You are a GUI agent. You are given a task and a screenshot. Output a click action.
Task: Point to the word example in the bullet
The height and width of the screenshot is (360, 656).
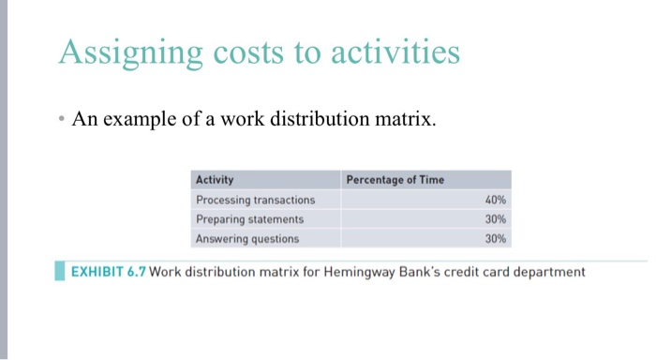[x=153, y=119]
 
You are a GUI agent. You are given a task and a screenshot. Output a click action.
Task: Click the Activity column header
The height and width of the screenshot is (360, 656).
[x=215, y=179]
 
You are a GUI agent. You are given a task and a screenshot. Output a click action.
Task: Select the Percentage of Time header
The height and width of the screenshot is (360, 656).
[x=395, y=179]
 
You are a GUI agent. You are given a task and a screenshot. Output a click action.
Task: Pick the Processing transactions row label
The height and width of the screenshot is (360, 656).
[x=255, y=200]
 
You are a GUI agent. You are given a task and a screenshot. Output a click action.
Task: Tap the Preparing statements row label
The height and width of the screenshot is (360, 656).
[x=249, y=218]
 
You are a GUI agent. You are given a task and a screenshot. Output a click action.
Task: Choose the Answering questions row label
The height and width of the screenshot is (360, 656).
[x=247, y=238]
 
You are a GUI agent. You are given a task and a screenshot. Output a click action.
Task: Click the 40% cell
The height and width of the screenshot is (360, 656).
[x=496, y=200]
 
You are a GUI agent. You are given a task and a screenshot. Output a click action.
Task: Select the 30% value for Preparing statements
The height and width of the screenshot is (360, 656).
[x=496, y=218]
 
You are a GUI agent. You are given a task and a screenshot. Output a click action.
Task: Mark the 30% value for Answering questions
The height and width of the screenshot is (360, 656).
[x=496, y=238]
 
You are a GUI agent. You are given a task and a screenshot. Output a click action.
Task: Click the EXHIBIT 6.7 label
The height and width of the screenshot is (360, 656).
[x=107, y=272]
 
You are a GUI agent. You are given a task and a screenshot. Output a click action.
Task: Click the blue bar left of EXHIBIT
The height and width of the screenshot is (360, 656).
[x=61, y=272]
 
